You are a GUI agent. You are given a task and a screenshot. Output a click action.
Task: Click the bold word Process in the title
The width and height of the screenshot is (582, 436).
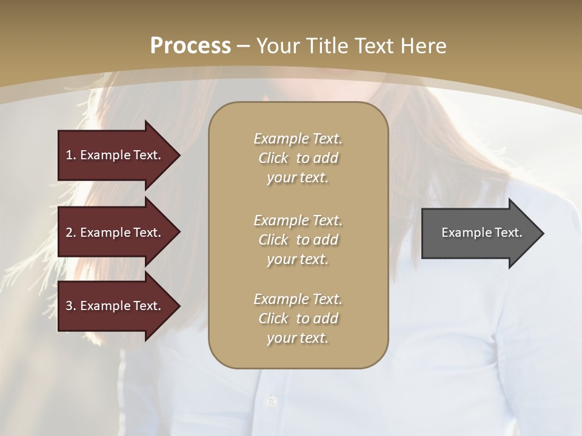click(x=190, y=46)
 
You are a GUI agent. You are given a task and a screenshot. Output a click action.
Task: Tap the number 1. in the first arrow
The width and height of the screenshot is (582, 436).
click(x=71, y=155)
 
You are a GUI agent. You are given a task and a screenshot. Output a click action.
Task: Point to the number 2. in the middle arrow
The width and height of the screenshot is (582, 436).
click(x=71, y=233)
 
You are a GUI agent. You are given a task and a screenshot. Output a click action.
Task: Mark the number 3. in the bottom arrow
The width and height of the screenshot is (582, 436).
click(x=71, y=306)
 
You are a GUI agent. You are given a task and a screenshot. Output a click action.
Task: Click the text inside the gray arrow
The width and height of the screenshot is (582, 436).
click(x=481, y=233)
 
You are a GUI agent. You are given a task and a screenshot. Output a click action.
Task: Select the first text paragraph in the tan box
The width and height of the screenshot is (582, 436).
click(x=298, y=158)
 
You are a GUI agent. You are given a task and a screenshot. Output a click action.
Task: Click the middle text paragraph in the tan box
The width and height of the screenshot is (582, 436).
click(x=298, y=240)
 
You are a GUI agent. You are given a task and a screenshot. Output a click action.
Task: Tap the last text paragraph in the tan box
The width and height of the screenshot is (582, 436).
click(x=298, y=319)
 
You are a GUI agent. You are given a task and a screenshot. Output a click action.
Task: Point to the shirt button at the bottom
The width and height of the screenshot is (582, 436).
click(x=271, y=401)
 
